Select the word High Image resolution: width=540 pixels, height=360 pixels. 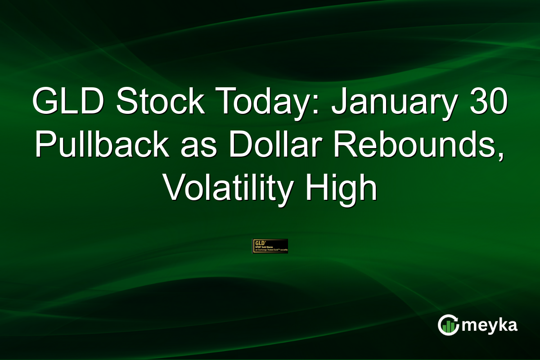click(x=342, y=189)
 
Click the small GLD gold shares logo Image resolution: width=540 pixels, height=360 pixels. click(x=270, y=246)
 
